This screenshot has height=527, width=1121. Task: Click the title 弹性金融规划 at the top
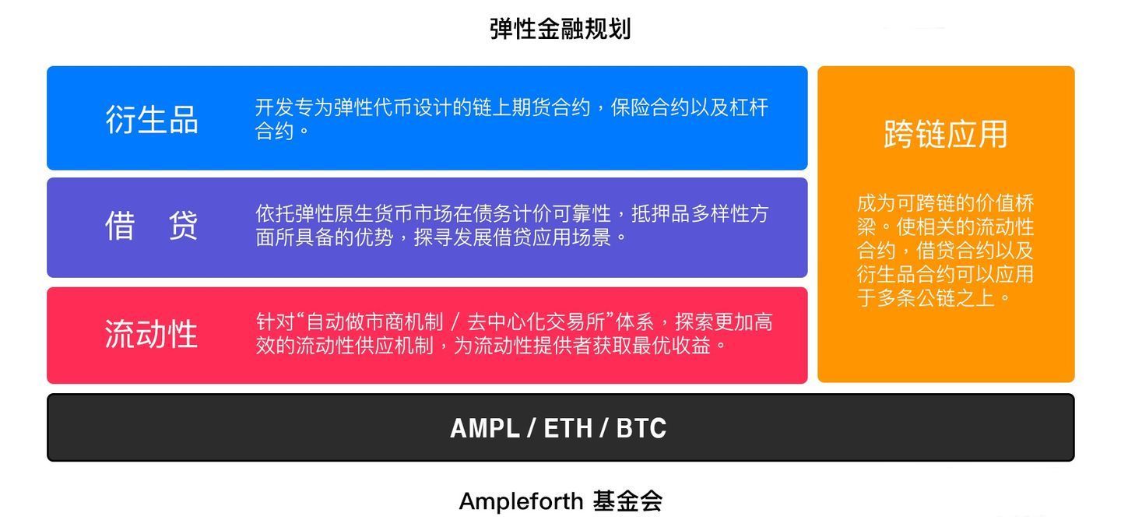click(x=560, y=29)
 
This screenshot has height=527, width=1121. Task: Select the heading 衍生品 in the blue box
click(x=152, y=120)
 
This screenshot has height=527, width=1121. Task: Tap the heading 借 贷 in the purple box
click(x=152, y=227)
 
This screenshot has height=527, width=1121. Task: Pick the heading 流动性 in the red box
click(x=151, y=334)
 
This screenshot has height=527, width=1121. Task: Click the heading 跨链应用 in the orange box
click(x=945, y=134)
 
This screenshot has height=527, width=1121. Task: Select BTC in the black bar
click(x=641, y=429)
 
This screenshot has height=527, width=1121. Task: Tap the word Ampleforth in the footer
click(x=521, y=501)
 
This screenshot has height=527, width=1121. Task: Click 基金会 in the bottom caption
click(x=627, y=501)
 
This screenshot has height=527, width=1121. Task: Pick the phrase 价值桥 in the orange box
click(x=1005, y=204)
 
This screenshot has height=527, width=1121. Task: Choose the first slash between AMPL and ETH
click(x=532, y=429)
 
